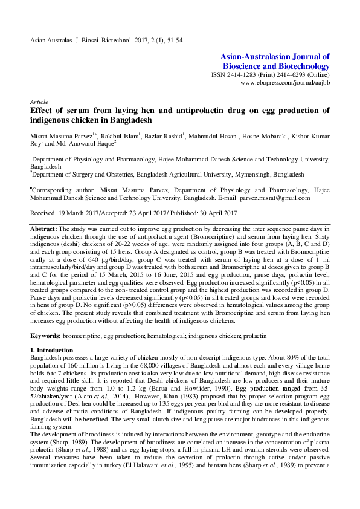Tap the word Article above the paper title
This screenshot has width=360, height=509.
39,102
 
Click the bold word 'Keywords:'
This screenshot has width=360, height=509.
46,334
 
